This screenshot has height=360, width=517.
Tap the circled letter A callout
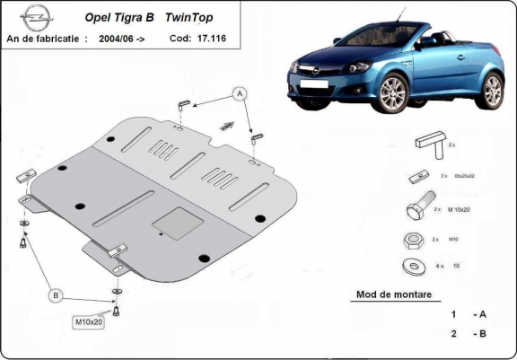[240, 92]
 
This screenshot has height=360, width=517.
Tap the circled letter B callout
[56, 295]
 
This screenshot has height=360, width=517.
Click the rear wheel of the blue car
[493, 91]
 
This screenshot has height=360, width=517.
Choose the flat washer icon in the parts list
[415, 266]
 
